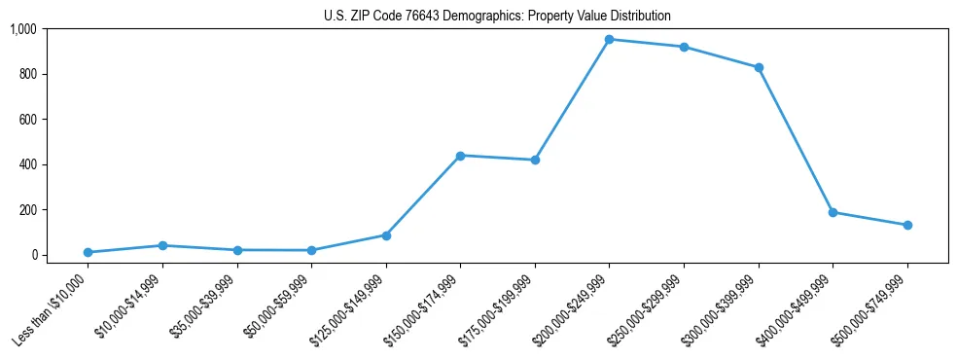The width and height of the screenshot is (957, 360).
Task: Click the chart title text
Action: click(497, 17)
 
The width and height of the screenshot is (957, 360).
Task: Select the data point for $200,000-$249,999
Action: click(609, 40)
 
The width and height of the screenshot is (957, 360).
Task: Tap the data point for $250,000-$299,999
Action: click(684, 47)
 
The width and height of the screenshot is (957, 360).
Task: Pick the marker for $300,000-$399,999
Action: click(759, 68)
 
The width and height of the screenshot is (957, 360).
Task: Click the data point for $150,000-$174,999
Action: click(460, 156)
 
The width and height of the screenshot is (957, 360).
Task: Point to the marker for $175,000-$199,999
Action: click(535, 160)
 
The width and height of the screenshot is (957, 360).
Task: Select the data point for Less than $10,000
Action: click(88, 252)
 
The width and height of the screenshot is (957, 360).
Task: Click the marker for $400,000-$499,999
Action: click(833, 212)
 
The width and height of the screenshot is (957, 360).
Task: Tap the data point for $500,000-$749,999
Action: click(907, 225)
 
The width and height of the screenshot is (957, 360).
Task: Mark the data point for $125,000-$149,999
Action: click(386, 235)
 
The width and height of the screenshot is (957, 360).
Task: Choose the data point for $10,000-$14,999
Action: click(162, 245)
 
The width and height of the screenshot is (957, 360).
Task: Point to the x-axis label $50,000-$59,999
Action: click(275, 307)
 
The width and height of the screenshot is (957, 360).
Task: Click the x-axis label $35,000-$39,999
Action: click(201, 307)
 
